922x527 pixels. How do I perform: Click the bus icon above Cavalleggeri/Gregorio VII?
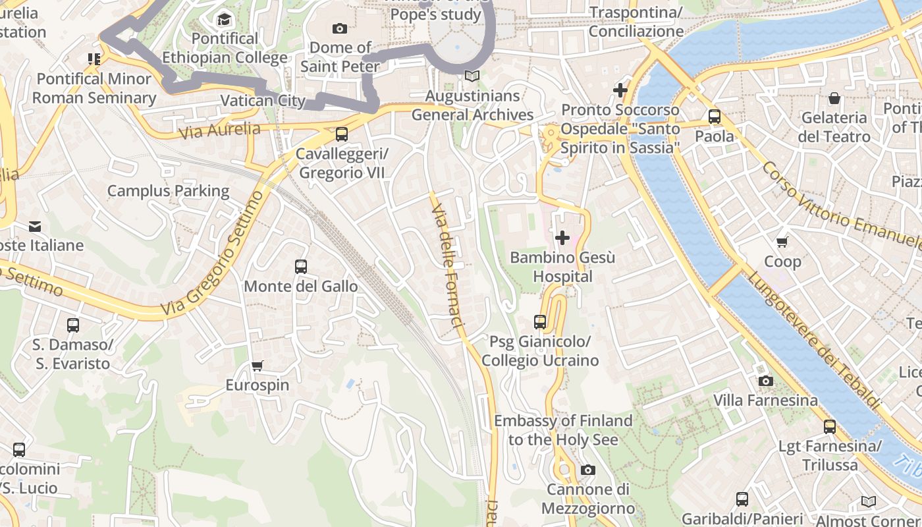coord(341,134)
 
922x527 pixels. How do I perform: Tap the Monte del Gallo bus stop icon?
coord(301,267)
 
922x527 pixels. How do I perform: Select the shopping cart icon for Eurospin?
coord(258,366)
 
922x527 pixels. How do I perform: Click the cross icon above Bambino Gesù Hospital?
coord(562,238)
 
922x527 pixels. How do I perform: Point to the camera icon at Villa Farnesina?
coord(765,381)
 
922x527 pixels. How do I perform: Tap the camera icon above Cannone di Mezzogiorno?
coord(587,470)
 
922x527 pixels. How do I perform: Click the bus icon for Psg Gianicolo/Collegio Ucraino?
coord(540,322)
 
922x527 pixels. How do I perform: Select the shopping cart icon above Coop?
coord(782,242)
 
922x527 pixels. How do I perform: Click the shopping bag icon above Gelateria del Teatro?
coord(834,99)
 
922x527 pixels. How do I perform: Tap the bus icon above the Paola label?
coord(715,117)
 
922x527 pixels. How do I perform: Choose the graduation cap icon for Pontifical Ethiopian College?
coord(225,19)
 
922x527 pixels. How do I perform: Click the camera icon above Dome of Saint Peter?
coord(340,28)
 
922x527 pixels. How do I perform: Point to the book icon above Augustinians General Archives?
coord(472,76)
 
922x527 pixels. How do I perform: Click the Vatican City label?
coord(263,101)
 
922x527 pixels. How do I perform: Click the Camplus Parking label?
coord(168,191)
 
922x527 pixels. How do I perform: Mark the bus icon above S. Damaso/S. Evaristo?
coord(73,325)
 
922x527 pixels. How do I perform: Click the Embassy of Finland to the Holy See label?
coord(563,430)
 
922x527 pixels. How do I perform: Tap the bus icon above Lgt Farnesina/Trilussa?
coord(830,427)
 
